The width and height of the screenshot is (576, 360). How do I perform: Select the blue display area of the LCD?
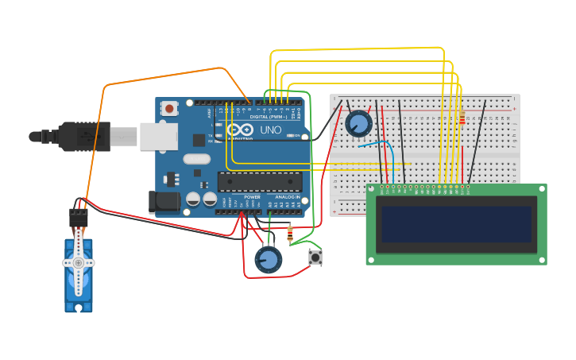click(x=456, y=224)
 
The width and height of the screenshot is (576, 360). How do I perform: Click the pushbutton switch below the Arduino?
click(x=315, y=257)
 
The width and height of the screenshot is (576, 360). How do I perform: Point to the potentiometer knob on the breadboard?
click(x=358, y=123)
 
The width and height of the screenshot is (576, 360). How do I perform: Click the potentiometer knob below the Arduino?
click(x=268, y=259)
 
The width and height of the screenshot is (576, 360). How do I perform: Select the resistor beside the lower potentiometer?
click(x=289, y=234)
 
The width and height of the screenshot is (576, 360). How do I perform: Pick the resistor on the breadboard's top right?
click(x=462, y=118)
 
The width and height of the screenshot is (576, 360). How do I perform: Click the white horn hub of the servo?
click(x=78, y=262)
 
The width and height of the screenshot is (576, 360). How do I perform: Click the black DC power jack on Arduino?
click(x=164, y=202)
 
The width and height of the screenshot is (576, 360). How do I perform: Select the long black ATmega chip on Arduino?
click(x=259, y=181)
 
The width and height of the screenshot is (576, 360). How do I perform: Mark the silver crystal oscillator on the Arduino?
click(x=196, y=159)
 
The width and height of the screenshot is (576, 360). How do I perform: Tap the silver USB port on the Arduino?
click(x=158, y=136)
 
